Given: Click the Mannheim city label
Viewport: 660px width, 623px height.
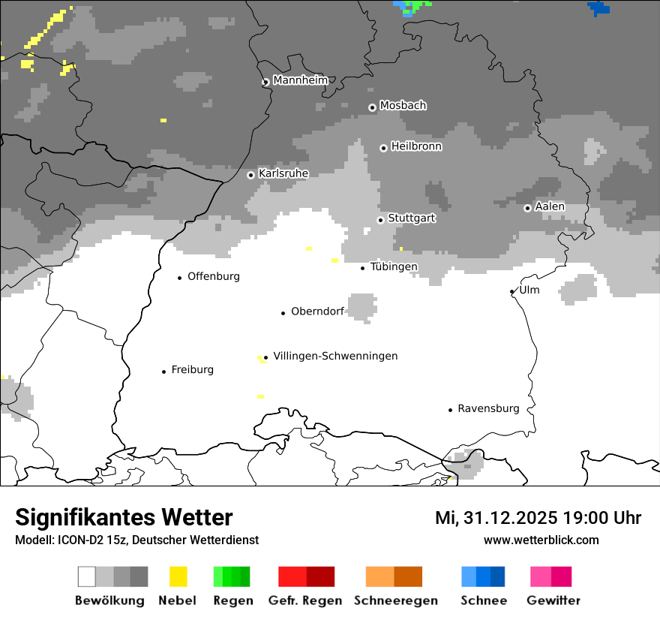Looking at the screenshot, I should (301, 80).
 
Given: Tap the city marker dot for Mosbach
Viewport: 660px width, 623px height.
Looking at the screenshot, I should (372, 107).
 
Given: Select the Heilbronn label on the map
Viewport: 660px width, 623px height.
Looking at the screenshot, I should (416, 146).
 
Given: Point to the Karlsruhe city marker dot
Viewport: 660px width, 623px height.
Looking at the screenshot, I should (251, 175).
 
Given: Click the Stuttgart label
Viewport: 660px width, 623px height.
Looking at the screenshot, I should (411, 218).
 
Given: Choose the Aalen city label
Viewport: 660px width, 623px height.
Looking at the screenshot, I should (550, 206).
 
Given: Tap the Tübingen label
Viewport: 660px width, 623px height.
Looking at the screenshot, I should (394, 266).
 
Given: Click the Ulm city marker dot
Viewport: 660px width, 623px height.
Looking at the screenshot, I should (512, 291).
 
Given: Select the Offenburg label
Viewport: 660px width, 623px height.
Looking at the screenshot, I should (214, 276).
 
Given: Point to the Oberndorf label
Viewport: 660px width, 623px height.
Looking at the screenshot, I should (317, 311).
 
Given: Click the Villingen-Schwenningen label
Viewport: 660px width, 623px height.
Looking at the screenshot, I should (335, 356).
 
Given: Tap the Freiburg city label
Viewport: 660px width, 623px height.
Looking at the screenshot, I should (192, 369).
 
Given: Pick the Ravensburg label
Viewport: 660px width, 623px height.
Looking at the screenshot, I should (488, 408).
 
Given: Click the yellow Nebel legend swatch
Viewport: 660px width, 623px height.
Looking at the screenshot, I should (178, 576).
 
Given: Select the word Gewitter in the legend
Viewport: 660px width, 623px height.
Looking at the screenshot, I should (553, 600).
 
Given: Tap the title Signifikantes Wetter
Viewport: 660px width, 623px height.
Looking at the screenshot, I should (124, 517).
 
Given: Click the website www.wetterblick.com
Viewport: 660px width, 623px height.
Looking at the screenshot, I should (541, 540).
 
